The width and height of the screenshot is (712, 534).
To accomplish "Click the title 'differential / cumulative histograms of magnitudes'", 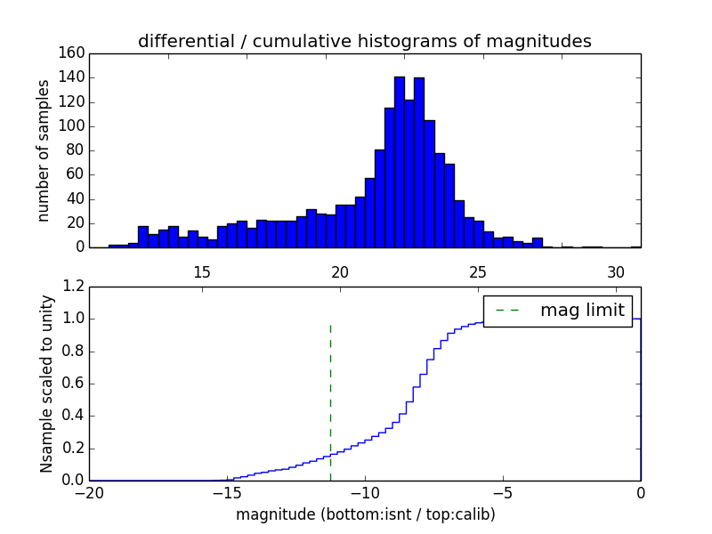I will (x=364, y=42).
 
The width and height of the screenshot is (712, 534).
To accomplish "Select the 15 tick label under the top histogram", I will (x=201, y=271).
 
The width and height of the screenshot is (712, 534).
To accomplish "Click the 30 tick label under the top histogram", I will (x=615, y=271).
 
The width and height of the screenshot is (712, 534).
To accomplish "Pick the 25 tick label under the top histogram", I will (x=477, y=271).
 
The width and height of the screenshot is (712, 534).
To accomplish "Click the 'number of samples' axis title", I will (x=44, y=150).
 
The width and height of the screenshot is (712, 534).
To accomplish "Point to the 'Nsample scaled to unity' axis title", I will (x=46, y=384).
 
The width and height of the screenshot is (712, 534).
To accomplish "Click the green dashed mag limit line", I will (x=330, y=392).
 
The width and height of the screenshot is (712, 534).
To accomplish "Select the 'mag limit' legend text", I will (x=582, y=310).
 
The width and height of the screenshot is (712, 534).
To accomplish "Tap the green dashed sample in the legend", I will (x=506, y=311).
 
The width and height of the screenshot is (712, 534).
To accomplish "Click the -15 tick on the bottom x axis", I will (x=226, y=492).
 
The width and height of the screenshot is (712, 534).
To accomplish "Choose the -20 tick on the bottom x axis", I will (x=89, y=492).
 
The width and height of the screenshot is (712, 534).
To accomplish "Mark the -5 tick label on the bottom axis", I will (x=503, y=492).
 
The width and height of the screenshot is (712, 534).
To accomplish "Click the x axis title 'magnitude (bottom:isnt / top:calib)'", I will (x=365, y=514).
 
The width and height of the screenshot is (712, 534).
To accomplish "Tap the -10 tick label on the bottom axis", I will (x=364, y=492).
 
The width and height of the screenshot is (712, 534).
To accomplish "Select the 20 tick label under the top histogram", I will (x=339, y=271).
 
